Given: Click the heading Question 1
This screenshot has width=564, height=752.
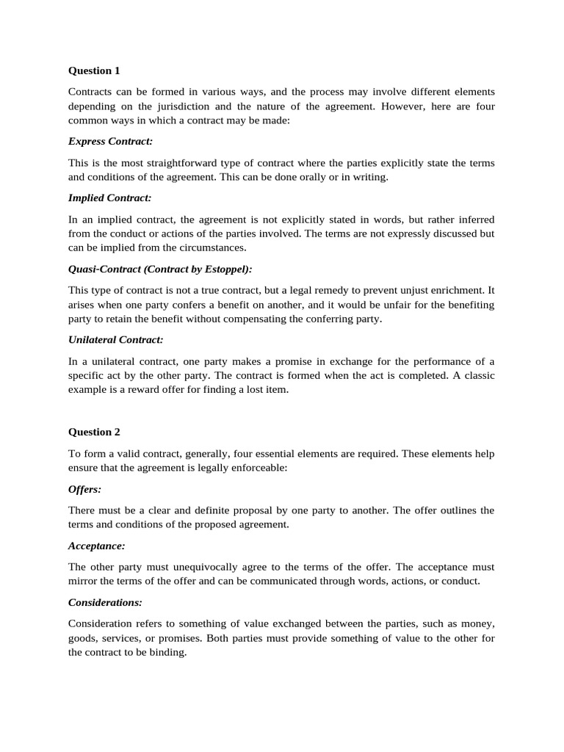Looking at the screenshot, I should tap(94, 71).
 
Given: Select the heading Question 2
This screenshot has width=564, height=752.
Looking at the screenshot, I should tap(94, 432).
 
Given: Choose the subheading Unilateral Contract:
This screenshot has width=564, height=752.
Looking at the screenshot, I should tap(115, 340).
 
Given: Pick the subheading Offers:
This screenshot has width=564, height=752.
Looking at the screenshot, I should tap(85, 488).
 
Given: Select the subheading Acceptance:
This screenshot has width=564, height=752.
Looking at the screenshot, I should tap(96, 546).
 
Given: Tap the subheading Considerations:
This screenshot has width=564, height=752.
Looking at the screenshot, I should tap(105, 602).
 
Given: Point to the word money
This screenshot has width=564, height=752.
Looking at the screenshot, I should tap(477, 623).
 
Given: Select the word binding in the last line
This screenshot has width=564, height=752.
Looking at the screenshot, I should tap(169, 652).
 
